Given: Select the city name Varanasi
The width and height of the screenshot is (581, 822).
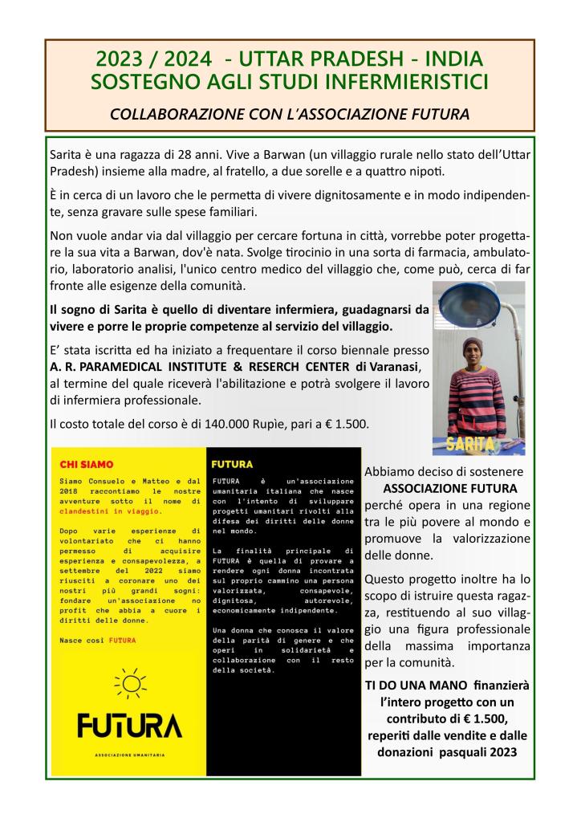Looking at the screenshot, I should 392,366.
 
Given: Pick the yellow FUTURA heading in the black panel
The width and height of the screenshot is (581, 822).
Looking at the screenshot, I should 232,464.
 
